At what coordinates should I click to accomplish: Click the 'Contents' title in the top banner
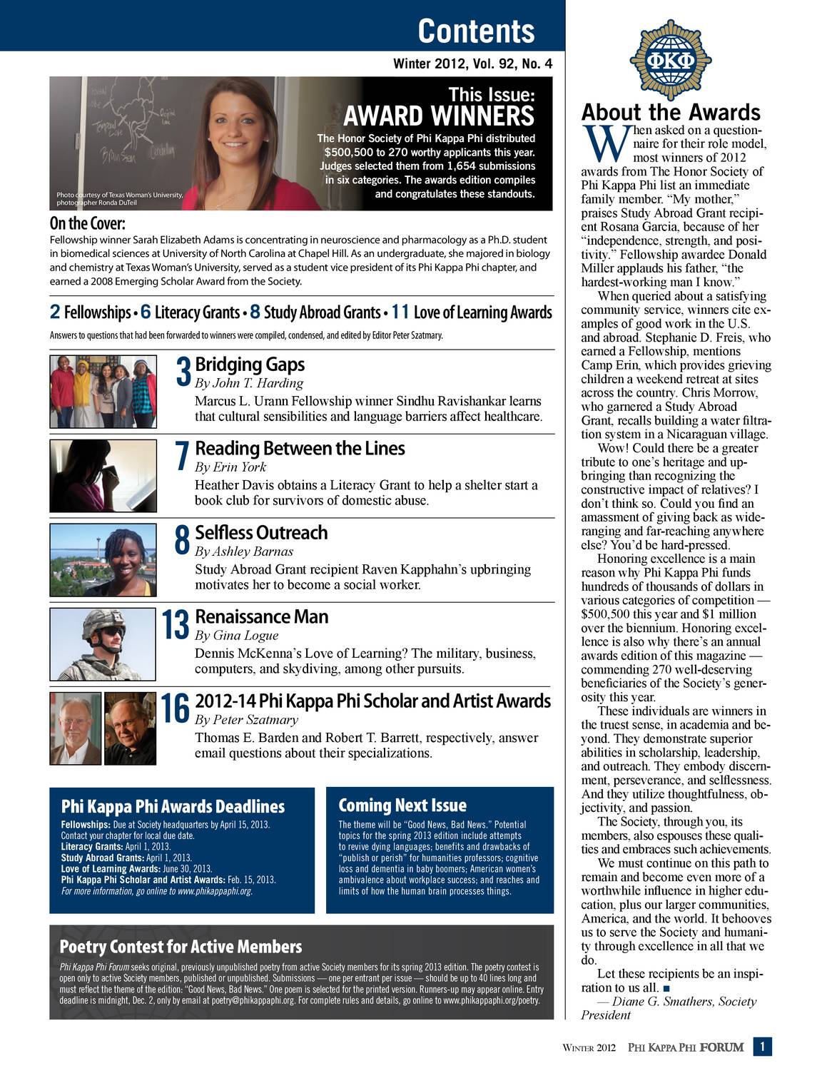[x=476, y=31]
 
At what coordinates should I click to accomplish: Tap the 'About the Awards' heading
[x=671, y=112]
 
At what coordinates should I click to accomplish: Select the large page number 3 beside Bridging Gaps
[x=183, y=372]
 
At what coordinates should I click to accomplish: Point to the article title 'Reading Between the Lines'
[x=300, y=448]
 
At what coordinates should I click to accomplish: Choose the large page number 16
[x=175, y=708]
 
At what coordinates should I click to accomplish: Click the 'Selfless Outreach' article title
[x=261, y=532]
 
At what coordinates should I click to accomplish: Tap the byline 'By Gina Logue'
[x=236, y=635]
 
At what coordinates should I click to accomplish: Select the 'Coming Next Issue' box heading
[x=402, y=805]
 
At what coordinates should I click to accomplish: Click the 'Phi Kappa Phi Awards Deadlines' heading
[x=173, y=806]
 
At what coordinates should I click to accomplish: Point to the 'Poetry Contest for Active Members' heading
[x=181, y=947]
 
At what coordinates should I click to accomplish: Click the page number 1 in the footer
[x=763, y=1047]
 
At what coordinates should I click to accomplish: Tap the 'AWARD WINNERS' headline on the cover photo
[x=439, y=116]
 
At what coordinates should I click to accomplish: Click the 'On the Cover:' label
[x=87, y=223]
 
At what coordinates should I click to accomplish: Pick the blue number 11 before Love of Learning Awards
[x=400, y=312]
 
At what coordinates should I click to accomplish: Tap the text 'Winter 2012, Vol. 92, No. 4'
[x=473, y=64]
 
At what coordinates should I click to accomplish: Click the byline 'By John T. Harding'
[x=249, y=383]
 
